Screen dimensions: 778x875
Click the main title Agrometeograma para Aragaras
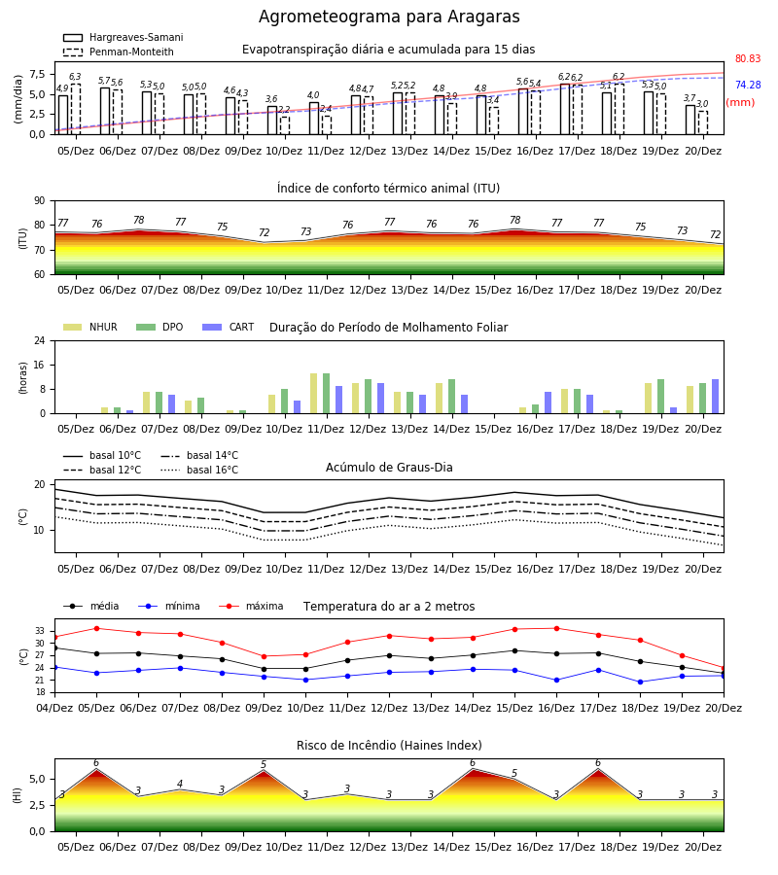pyautogui.click(x=389, y=17)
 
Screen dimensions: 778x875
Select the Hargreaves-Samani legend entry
pyautogui.click(x=123, y=37)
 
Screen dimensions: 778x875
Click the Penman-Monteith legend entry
pyautogui.click(x=119, y=52)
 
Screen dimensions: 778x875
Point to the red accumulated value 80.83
pyautogui.click(x=748, y=58)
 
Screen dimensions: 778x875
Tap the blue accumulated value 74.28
pyautogui.click(x=748, y=85)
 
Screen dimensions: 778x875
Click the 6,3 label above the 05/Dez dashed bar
pyautogui.click(x=75, y=77)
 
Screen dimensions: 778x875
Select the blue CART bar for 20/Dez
pyautogui.click(x=715, y=397)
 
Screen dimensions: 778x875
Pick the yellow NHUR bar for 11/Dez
pyautogui.click(x=314, y=394)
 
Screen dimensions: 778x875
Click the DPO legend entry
pyautogui.click(x=159, y=327)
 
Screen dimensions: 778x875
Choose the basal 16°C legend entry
pyautogui.click(x=199, y=470)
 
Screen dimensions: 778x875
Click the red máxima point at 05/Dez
pyautogui.click(x=96, y=628)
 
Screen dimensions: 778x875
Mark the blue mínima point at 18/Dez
pyautogui.click(x=640, y=682)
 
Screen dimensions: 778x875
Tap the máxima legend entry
pyautogui.click(x=251, y=606)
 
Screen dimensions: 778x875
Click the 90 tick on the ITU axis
pyautogui.click(x=45, y=200)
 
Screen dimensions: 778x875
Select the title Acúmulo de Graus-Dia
pyautogui.click(x=389, y=467)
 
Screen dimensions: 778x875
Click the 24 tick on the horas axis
pyautogui.click(x=45, y=340)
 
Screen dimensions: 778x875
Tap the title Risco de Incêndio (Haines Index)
pyautogui.click(x=389, y=745)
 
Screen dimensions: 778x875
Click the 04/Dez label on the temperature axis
pyautogui.click(x=54, y=708)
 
